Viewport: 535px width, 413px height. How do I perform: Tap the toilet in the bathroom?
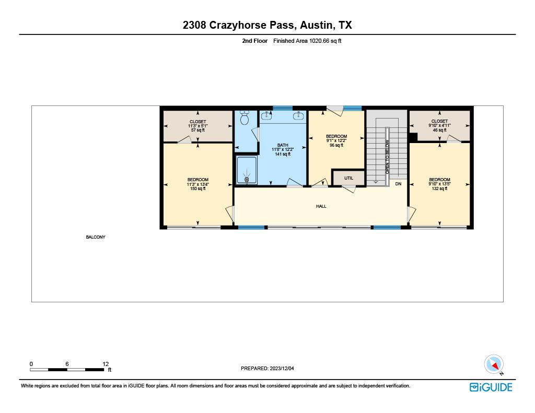244,119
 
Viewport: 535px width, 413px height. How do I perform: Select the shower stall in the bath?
246,170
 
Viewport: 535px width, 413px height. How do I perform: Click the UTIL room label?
348,178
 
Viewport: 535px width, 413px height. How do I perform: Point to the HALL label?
321,206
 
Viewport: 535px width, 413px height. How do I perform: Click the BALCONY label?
96,237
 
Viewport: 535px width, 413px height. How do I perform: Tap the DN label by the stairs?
398,184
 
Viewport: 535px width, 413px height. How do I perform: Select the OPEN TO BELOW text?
387,157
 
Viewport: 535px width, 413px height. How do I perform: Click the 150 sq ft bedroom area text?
198,189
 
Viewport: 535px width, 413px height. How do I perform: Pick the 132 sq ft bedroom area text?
439,189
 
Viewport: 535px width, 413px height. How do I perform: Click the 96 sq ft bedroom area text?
335,146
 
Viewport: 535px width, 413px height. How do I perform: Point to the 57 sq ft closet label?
197,130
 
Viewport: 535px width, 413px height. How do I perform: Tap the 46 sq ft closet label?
439,130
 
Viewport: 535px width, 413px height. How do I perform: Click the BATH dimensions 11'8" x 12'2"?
283,150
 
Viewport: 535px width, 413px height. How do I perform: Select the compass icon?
493,364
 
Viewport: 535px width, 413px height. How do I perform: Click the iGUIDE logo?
491,387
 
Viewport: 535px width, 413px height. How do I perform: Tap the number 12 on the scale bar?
106,364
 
